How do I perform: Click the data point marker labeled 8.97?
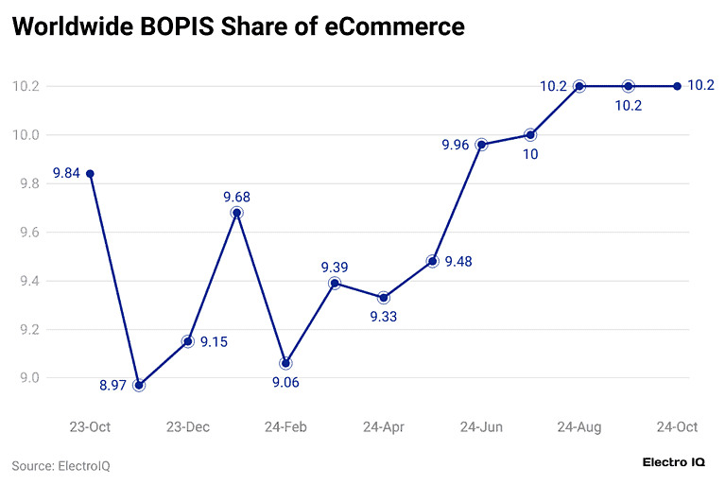tap(139, 385)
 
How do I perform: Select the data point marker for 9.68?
tap(236, 213)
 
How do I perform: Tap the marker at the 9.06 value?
tap(285, 363)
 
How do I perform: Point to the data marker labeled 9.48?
tap(432, 261)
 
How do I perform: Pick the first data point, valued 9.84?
tap(90, 174)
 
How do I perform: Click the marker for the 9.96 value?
tap(481, 145)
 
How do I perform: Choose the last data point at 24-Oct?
tap(677, 86)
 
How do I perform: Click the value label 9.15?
tap(215, 341)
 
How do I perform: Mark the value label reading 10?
tap(530, 154)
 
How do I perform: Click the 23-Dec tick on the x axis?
tap(188, 427)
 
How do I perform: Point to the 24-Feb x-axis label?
tap(285, 427)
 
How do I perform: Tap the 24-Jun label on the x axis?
tap(481, 427)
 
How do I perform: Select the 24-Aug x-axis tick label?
tap(578, 427)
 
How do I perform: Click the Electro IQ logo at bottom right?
tap(673, 462)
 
